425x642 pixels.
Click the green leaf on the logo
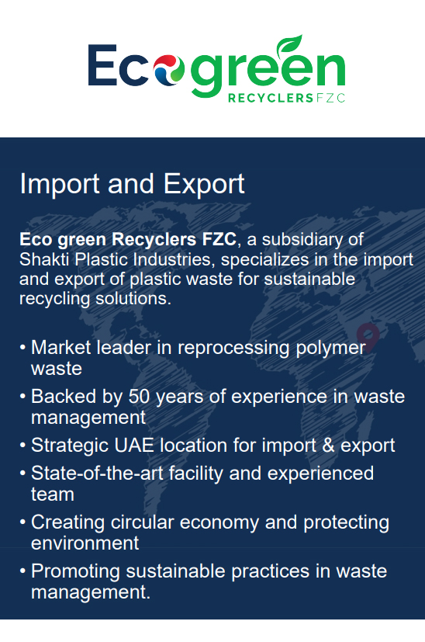[289, 44]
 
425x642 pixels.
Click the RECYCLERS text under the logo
[271, 99]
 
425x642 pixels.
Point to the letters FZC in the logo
[331, 99]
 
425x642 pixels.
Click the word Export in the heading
[204, 184]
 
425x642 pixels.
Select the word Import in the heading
[60, 184]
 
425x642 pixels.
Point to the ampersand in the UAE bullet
[328, 445]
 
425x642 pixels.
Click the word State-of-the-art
[97, 474]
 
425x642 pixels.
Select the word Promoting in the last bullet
[75, 571]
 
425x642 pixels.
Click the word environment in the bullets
[85, 543]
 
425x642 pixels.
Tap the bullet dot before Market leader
[22, 348]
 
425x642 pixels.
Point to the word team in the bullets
[53, 495]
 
